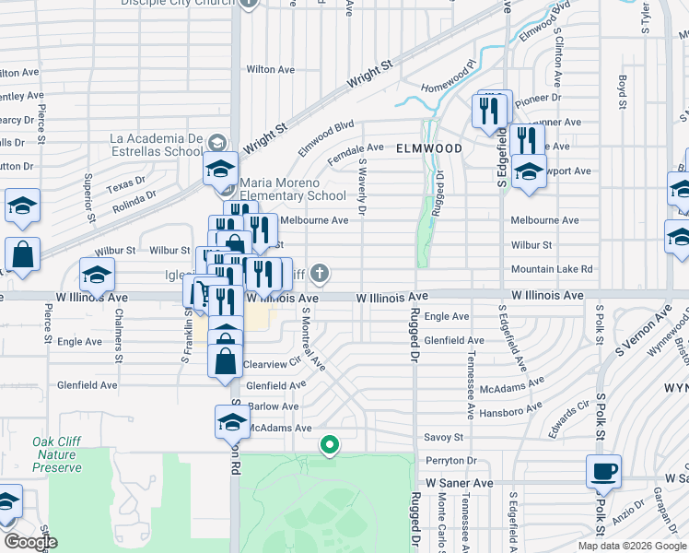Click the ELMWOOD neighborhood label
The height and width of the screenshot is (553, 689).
[x=429, y=147]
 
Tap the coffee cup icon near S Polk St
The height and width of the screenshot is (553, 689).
[x=603, y=472]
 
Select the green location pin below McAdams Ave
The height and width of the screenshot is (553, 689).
[x=330, y=446]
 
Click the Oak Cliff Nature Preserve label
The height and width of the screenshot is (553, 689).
[x=57, y=454]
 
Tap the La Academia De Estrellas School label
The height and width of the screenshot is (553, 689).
[x=156, y=145]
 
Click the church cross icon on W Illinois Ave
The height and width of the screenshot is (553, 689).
[x=320, y=272]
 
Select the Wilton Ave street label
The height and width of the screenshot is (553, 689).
[x=270, y=69]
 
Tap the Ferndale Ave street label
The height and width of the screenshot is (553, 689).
[x=355, y=147]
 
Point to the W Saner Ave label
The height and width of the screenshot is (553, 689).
[x=459, y=482]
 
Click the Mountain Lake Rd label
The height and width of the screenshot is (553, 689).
[x=553, y=269]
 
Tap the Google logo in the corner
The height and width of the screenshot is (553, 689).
[x=29, y=542]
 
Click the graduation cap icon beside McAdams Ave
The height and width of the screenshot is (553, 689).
[x=232, y=422]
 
